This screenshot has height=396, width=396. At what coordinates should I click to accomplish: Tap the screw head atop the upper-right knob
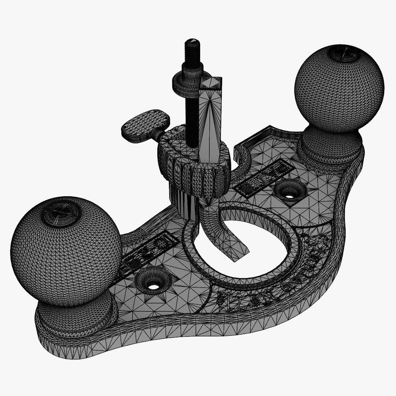[x=343, y=53]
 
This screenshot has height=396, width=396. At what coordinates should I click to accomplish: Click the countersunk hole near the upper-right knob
[x=290, y=191]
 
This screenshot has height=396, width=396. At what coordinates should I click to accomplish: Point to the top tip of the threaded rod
[x=192, y=41]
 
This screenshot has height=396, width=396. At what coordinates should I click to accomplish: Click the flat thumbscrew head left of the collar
[x=145, y=125]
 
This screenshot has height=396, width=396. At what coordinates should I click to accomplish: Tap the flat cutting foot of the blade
[x=235, y=249]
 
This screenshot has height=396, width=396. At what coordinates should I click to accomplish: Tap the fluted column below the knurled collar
[x=181, y=200]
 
